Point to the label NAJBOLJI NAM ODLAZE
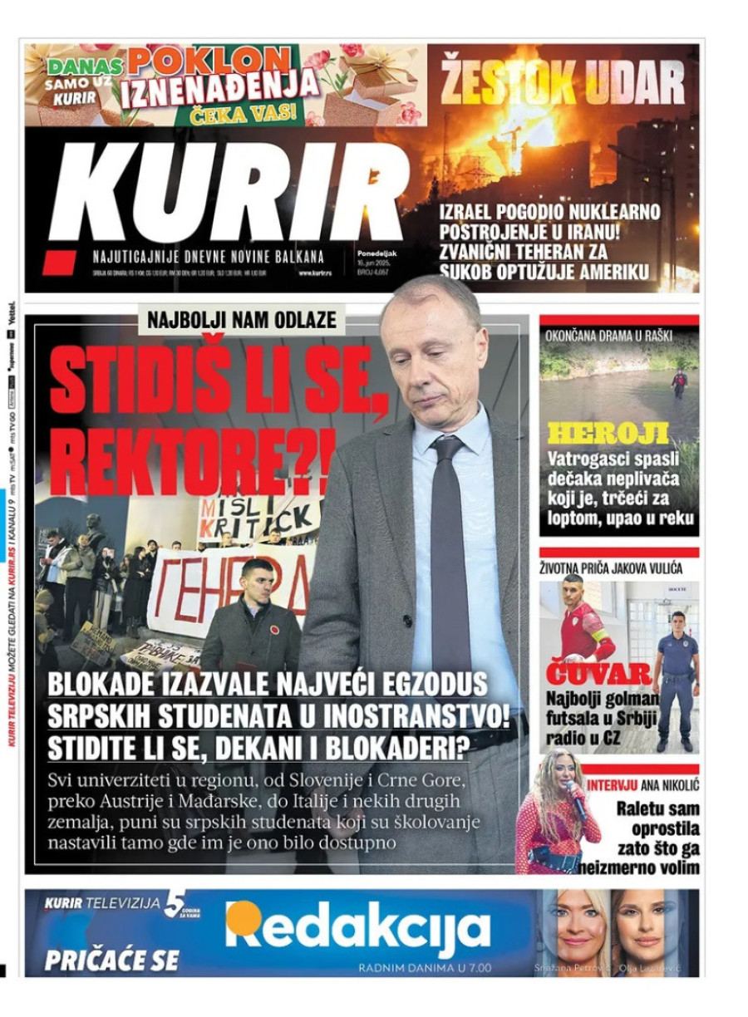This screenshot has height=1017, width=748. tap(241, 319)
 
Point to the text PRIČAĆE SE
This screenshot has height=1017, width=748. tap(111, 960)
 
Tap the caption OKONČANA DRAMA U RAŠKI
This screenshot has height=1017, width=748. tap(608, 337)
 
